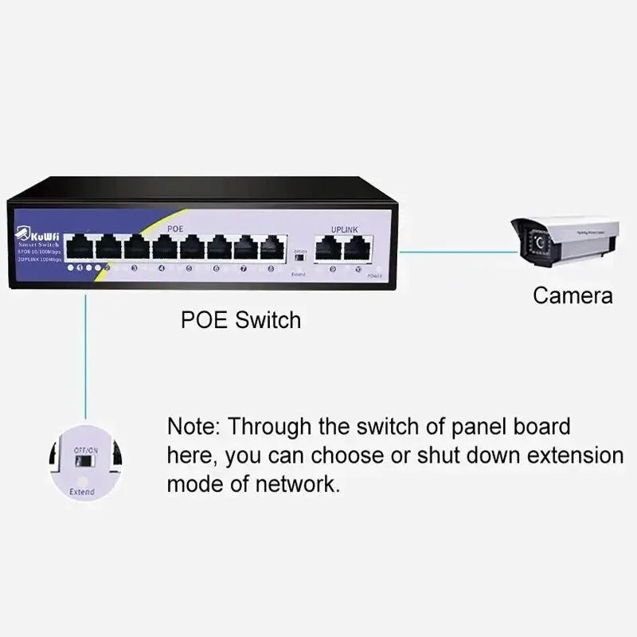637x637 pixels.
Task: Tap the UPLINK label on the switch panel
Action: (x=345, y=229)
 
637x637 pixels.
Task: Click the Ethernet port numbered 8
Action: (x=273, y=248)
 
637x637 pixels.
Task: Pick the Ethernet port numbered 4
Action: (x=163, y=248)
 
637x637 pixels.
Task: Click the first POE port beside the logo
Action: (x=80, y=248)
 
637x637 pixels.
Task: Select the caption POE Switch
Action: (x=241, y=320)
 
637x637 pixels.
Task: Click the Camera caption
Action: (x=573, y=296)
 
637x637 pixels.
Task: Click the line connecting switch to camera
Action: (x=454, y=252)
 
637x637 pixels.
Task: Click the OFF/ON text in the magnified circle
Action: (x=85, y=450)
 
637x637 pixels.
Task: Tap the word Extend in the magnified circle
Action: (x=81, y=492)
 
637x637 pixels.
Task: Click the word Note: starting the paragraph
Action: (x=194, y=426)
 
